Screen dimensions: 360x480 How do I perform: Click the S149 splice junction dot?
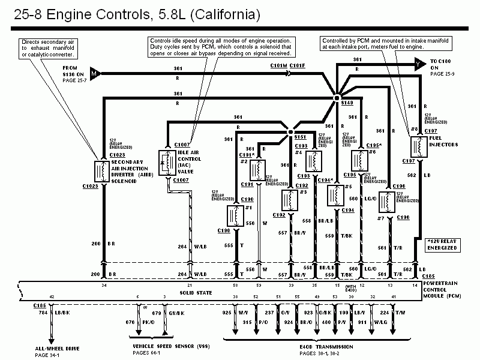(x=337, y=97)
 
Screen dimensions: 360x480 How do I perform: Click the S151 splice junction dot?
(x=290, y=131)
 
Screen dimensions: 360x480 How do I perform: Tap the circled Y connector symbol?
(x=417, y=62)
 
